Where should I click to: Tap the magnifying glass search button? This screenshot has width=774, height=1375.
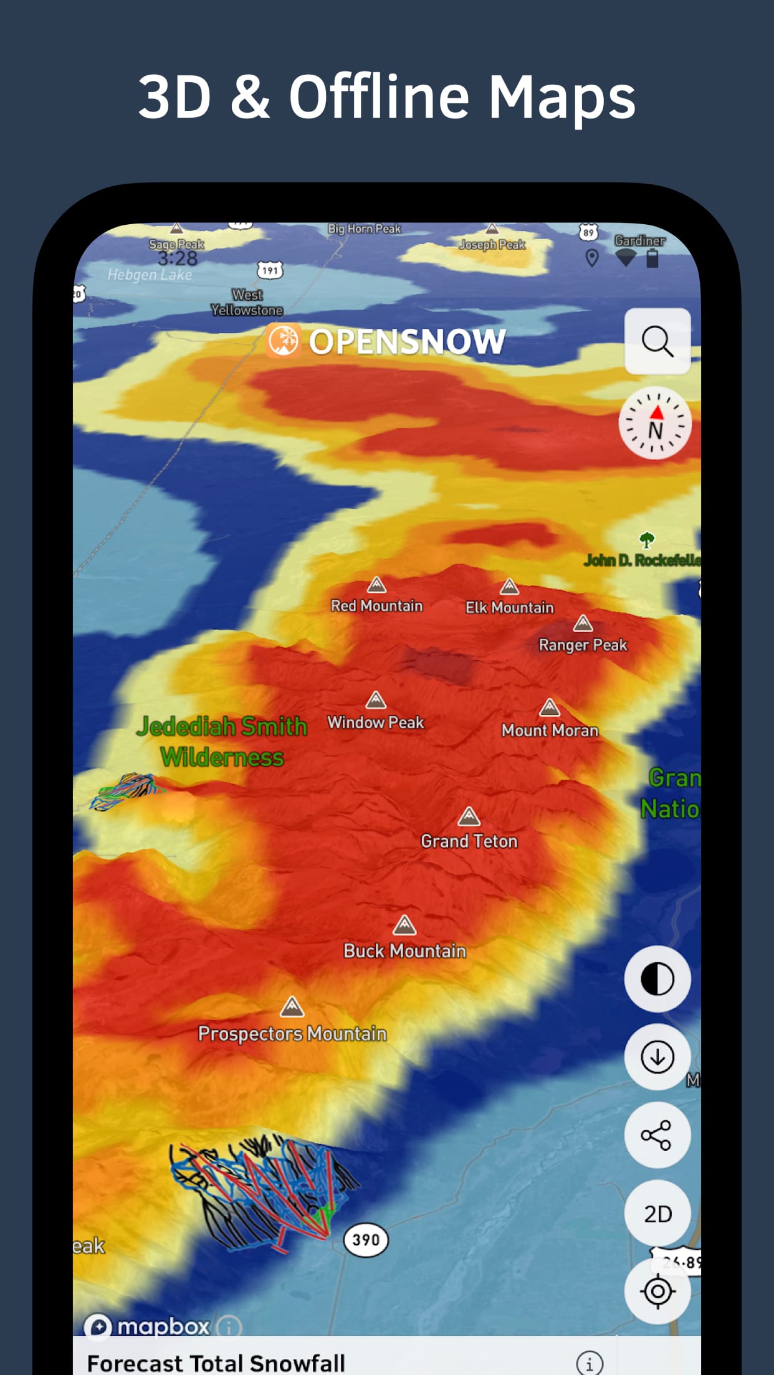coord(657,341)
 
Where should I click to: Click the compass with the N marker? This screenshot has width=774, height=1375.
coord(655,423)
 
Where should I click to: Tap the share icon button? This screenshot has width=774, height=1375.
coord(657,1135)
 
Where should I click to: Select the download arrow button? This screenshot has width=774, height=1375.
coord(657,1057)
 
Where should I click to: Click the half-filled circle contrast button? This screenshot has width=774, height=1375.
coord(657,979)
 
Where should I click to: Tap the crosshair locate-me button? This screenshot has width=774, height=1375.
coord(657,1291)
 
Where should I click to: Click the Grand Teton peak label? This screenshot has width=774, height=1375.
coord(469,841)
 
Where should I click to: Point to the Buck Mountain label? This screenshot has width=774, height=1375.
coord(405,951)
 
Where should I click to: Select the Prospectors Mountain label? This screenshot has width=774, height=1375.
coord(292,1034)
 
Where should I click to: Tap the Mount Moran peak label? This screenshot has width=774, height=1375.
coord(550,730)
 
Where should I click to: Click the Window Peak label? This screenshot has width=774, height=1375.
coord(376,722)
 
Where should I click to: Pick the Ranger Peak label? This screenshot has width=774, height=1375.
coord(583,645)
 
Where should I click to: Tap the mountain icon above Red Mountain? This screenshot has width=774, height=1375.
coord(376,585)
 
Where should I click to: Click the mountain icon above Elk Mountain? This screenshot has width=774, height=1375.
coord(509,586)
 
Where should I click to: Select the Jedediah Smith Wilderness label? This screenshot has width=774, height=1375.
coord(222,742)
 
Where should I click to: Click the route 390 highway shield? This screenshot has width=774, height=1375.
coord(366,1239)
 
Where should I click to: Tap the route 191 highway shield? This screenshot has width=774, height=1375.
coord(270,270)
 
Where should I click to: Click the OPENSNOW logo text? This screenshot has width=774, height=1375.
coord(407,341)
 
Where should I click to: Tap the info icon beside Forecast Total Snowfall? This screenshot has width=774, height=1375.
coord(590,1363)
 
